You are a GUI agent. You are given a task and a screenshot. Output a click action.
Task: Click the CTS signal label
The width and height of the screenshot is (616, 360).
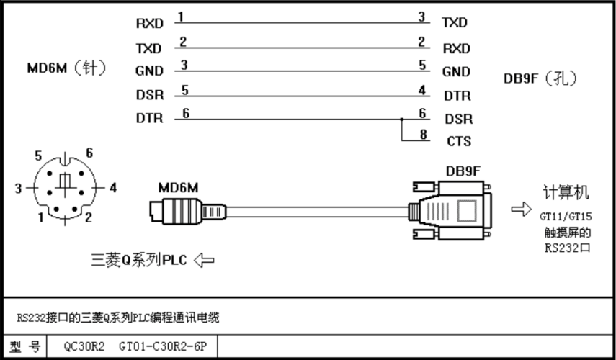tap(459, 142)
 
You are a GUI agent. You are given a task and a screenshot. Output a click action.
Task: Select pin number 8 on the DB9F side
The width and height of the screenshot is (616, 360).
tap(422, 133)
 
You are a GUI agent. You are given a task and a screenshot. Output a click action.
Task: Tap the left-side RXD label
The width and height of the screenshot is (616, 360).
tap(149, 24)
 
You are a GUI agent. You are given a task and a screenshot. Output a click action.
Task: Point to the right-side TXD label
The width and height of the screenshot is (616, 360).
tap(455, 23)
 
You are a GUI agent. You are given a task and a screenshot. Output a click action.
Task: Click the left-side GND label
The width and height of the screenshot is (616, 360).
tap(149, 71)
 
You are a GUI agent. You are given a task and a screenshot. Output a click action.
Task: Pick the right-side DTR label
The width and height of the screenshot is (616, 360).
tap(457, 95)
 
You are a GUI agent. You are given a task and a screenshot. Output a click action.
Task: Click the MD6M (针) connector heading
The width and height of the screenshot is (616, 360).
tap(66, 69)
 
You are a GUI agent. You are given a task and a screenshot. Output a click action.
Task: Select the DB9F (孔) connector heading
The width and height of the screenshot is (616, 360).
tap(540, 78)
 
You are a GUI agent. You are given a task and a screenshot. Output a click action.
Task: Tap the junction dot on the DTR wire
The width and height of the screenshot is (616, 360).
tap(401, 119)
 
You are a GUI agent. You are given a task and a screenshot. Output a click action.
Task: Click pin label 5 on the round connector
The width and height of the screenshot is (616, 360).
tap(40, 154)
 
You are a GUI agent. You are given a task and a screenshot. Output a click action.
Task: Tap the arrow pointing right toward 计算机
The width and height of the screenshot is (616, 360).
tap(519, 209)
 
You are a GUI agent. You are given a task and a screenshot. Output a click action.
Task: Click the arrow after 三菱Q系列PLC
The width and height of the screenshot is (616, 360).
tap(203, 260)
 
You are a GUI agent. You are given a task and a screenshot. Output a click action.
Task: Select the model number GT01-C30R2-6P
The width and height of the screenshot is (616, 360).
tap(163, 346)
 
